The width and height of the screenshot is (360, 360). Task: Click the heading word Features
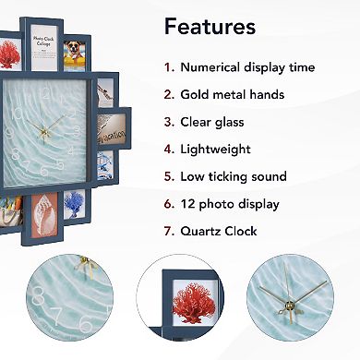tap(210, 26)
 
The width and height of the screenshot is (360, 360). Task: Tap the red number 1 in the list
tap(168, 67)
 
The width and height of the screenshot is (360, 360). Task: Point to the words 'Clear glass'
tap(215, 122)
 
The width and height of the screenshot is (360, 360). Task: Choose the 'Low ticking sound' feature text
tap(234, 176)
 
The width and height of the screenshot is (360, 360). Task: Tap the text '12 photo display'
tap(230, 203)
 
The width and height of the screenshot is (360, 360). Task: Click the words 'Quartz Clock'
tap(219, 231)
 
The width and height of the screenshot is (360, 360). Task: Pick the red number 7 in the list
tap(168, 231)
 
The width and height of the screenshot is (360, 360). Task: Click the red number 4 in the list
tap(168, 149)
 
